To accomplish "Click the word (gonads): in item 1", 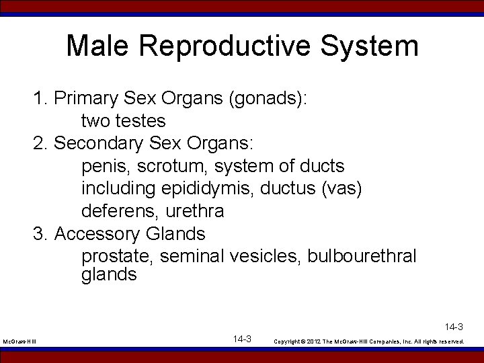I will coord(268,99).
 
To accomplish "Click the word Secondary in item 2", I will coord(99,143).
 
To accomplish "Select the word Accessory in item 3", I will coord(97,234).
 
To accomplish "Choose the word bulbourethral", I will coord(362,256).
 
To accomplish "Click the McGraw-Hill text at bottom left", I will coord(19,342).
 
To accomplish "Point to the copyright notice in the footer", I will coord(369,341).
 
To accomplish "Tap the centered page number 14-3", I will coord(242,339).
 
